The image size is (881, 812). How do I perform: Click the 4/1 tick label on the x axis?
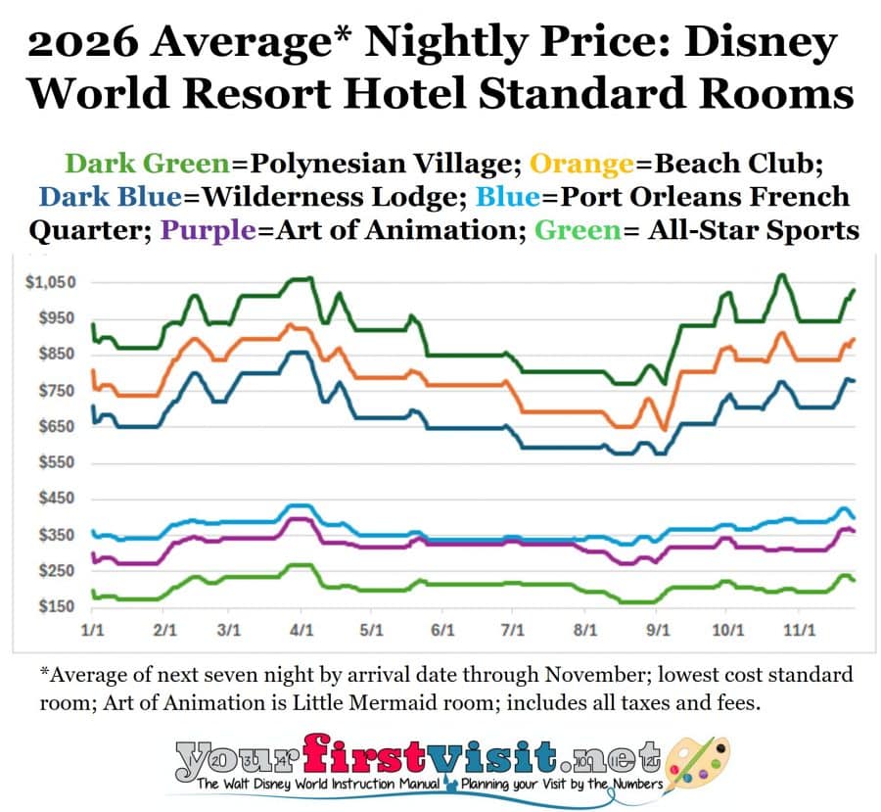click(x=301, y=632)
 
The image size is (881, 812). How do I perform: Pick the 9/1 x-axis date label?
click(x=658, y=632)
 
